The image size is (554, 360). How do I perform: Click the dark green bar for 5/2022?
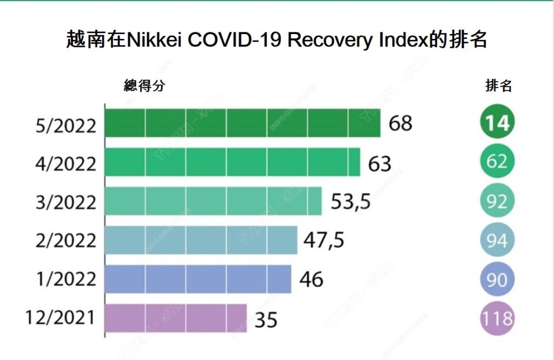tap(242, 123)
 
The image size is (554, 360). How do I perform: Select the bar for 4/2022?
tap(232, 162)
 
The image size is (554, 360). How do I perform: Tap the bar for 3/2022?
tap(213, 201)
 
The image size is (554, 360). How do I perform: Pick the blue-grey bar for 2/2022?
tap(201, 240)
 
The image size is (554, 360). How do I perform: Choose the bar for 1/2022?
tap(197, 279)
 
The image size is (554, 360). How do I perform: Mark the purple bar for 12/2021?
tap(175, 318)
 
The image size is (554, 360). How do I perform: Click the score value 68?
tap(400, 123)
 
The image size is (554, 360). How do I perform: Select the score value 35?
tap(266, 319)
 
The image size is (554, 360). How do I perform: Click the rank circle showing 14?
tap(497, 123)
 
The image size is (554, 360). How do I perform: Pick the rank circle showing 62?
tap(497, 162)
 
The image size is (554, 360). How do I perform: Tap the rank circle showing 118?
tap(497, 318)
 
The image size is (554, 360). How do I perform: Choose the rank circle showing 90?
tap(497, 279)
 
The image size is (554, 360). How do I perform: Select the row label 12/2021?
tap(60, 318)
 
